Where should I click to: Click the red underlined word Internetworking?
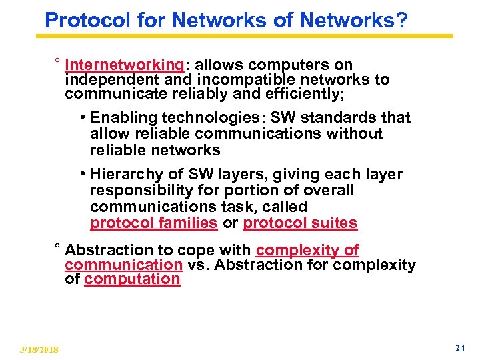124,65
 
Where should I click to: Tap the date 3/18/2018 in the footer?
39,350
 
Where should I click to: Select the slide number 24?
459,348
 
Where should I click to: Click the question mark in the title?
401,20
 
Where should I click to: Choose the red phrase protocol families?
153,223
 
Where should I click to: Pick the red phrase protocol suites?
300,223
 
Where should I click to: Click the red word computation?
132,279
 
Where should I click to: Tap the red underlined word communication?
123,265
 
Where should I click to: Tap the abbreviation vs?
197,265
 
